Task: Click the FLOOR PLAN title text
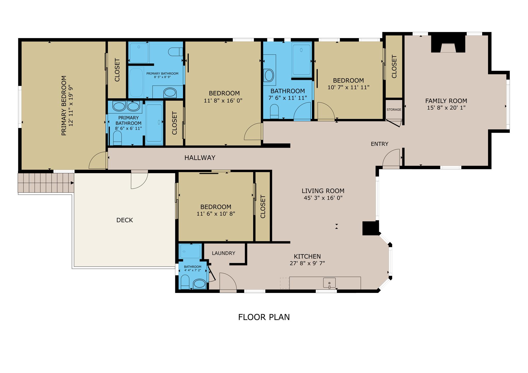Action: tap(264, 317)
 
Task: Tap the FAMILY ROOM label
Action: tap(446, 101)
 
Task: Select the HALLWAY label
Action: tap(200, 158)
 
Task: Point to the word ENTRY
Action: tap(379, 144)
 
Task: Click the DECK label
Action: tap(125, 220)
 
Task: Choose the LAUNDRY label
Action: tap(224, 253)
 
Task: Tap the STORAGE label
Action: tap(394, 109)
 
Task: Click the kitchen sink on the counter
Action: tap(329, 283)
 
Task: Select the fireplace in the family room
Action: tap(448, 44)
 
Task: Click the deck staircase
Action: tap(46, 183)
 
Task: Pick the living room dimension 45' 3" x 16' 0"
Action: tap(323, 198)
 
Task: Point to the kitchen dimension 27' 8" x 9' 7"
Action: tap(307, 263)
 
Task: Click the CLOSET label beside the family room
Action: tap(394, 66)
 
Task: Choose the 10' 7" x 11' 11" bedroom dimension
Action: tap(349, 87)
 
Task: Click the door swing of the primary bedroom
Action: tap(97, 160)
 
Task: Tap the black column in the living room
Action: tap(370, 228)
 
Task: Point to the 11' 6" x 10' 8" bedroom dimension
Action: tap(216, 214)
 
